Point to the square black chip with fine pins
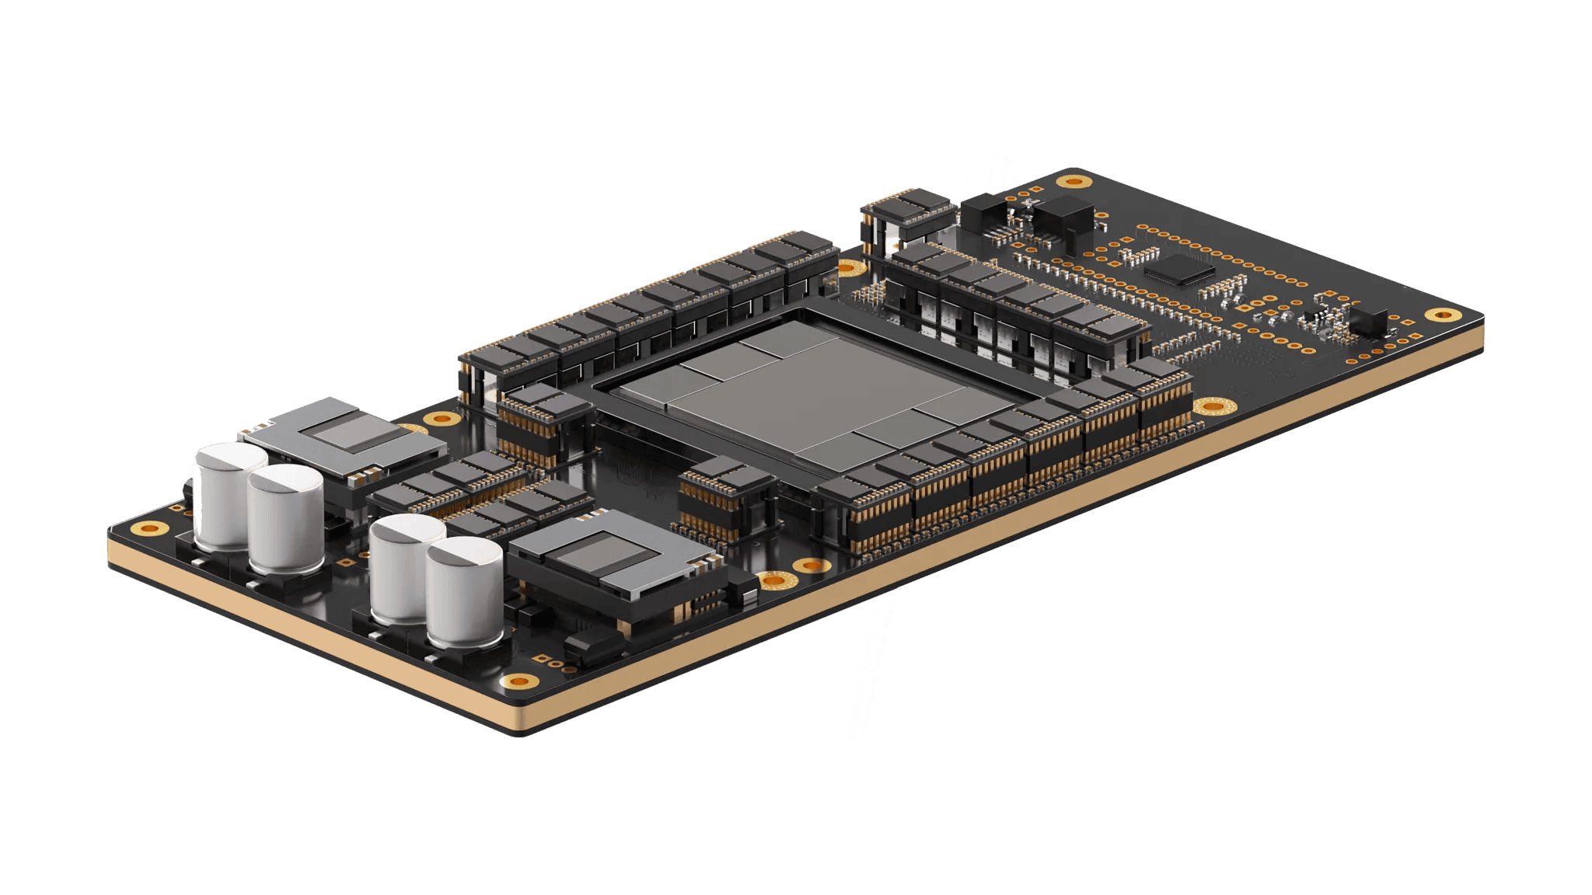point(1179,268)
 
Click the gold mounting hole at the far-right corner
point(1444,315)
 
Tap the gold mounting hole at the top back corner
point(1074,182)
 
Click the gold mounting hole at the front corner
point(519,682)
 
